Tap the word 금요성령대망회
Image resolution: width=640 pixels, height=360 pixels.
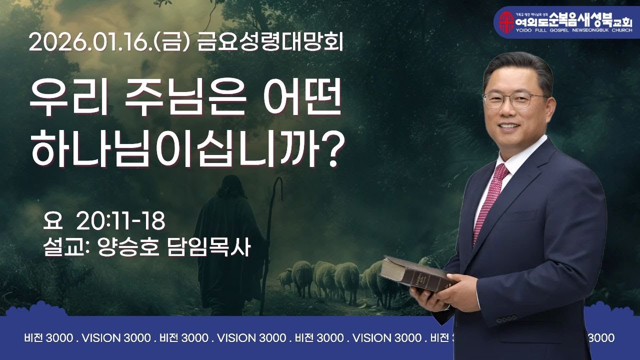coord(270,43)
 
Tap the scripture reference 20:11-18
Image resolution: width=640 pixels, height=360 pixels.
coord(120,219)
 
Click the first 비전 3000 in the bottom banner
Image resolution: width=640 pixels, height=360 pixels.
coord(48,338)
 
